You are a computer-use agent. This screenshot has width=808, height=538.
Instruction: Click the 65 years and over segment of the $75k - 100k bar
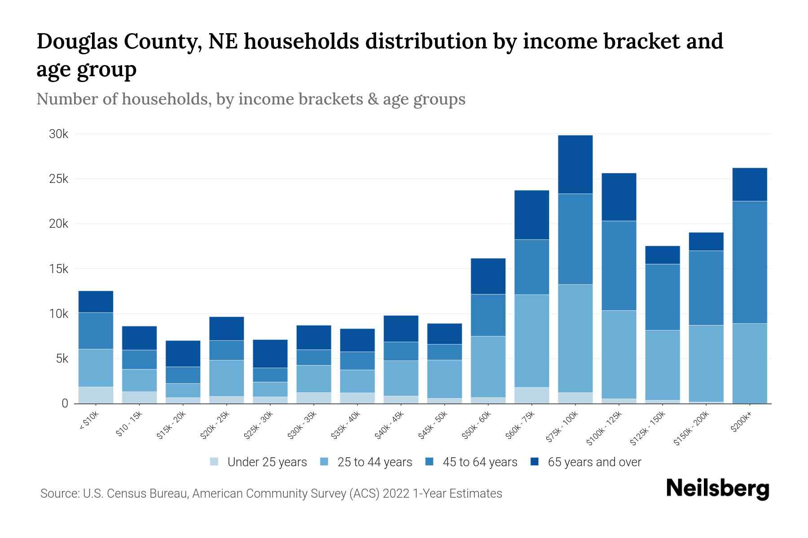coord(575,164)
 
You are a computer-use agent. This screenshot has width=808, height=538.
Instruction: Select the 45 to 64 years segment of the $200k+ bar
coord(749,262)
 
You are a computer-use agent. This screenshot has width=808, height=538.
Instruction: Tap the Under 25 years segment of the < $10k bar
coord(96,395)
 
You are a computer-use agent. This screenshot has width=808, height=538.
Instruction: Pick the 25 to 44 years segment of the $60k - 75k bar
coord(531,341)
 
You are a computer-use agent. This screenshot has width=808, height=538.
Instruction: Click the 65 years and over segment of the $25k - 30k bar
coord(270,354)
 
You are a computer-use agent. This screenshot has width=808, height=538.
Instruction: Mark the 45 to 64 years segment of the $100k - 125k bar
coord(619,265)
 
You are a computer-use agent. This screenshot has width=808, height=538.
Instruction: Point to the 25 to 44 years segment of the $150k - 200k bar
coord(706,363)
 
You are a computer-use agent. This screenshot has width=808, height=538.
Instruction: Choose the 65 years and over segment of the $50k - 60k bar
coord(488,276)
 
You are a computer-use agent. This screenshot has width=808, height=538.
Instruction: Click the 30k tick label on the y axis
coord(58,134)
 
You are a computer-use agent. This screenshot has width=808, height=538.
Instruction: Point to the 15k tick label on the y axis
coord(58,269)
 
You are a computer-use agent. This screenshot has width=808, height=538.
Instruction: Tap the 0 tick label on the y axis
coord(65,403)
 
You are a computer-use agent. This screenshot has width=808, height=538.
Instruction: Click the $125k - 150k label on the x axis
coord(649,428)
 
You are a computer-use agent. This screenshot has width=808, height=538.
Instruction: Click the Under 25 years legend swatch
coord(215,462)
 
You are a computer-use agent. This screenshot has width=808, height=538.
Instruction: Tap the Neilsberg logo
coord(717,489)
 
